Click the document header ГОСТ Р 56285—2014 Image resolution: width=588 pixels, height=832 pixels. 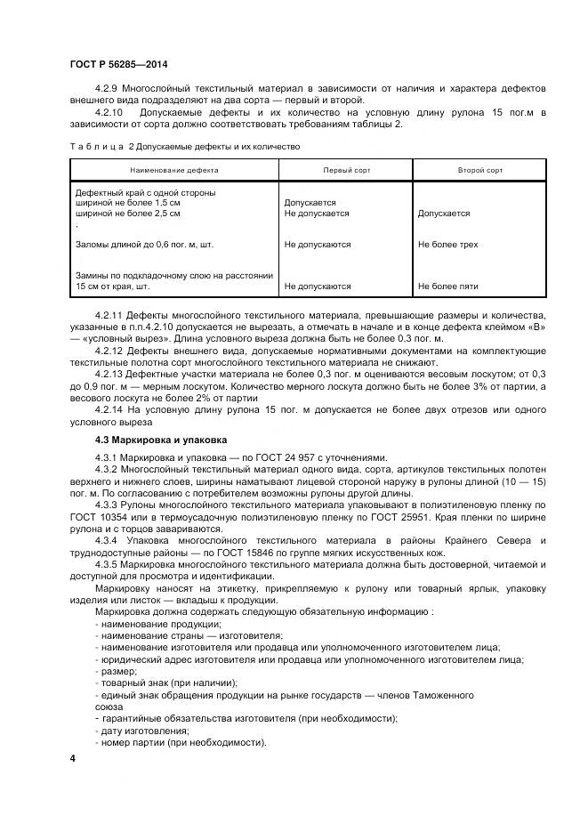point(117,64)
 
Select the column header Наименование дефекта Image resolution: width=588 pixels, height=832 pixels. point(173,169)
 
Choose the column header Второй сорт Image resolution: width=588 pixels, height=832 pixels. point(479,169)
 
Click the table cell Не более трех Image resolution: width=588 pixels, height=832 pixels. point(447,244)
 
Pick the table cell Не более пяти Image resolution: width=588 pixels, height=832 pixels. point(447,287)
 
